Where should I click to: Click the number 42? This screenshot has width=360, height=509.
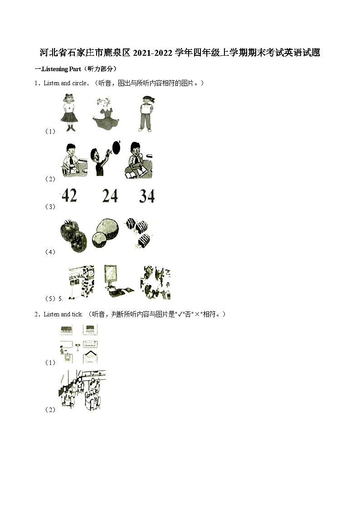(69, 196)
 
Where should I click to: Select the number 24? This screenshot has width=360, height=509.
(110, 196)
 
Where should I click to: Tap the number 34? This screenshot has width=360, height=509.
(147, 196)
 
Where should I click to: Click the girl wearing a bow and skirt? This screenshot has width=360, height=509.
(69, 112)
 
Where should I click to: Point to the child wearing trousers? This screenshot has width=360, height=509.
(146, 113)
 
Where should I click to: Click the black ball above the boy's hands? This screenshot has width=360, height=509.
(117, 147)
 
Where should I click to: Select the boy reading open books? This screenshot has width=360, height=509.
(137, 161)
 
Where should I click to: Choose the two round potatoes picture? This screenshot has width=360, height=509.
(105, 232)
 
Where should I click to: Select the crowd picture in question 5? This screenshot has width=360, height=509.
(156, 282)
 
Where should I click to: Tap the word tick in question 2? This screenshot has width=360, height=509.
(77, 314)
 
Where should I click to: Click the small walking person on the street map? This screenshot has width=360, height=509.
(62, 349)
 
